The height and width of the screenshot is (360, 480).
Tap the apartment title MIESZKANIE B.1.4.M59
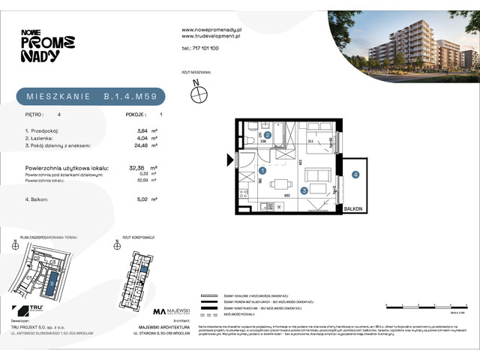[90, 96]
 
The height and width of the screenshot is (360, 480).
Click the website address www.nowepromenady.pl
[210, 29]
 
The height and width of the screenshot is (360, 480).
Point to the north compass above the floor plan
[199, 94]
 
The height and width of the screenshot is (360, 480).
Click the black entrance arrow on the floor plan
[230, 158]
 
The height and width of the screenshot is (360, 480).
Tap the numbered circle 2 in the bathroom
[268, 135]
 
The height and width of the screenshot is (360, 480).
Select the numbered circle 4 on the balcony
[355, 175]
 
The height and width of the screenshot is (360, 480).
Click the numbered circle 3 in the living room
[304, 190]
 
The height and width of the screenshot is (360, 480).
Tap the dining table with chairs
[281, 184]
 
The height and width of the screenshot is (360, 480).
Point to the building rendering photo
[402, 44]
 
